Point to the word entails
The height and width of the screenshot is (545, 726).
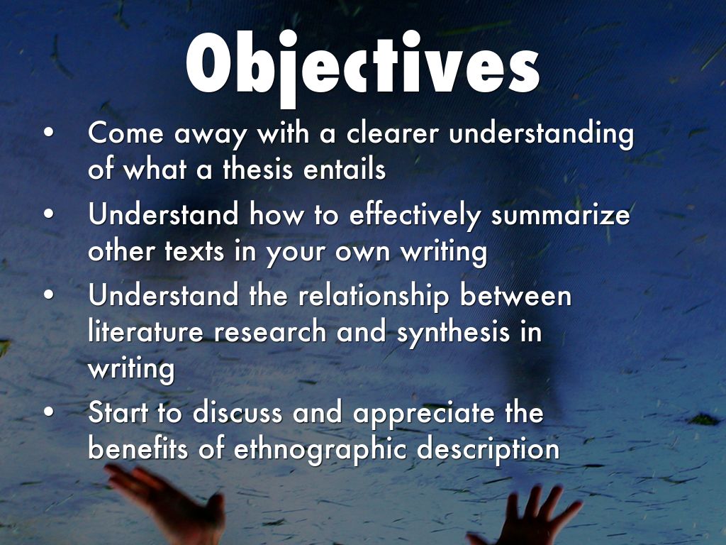pos(345,169)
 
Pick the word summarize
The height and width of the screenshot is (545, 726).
pos(560,216)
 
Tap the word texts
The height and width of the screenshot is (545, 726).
pos(194,252)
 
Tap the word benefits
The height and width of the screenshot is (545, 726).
pos(138,448)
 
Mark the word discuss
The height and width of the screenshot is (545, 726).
pos(237,412)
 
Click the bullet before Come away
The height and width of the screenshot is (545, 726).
pos(49,132)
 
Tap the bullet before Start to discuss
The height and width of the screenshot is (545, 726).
pos(49,412)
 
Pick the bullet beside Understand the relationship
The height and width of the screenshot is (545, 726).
pos(49,295)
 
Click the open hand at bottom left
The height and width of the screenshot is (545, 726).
pos(166,503)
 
